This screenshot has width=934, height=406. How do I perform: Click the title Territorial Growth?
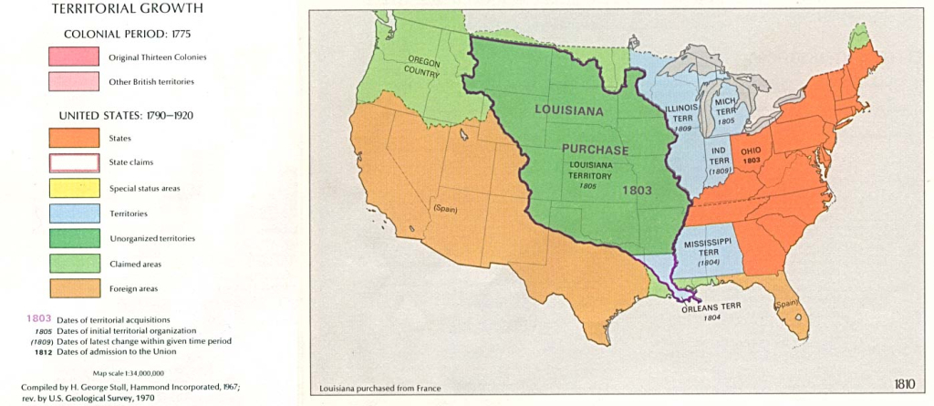(x=127, y=9)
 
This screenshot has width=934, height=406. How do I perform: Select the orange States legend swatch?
(x=74, y=138)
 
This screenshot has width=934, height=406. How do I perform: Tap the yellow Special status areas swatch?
(x=74, y=188)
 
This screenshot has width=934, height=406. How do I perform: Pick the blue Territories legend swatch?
(x=74, y=213)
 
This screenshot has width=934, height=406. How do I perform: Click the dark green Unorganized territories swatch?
(x=74, y=238)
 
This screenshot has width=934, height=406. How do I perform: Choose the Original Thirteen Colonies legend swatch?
(x=74, y=57)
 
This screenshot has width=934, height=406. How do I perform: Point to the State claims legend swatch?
(x=74, y=163)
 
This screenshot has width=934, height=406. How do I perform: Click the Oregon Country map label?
(x=423, y=68)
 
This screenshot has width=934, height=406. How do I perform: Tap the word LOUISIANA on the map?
(x=569, y=110)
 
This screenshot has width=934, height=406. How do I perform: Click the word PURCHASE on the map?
(x=595, y=149)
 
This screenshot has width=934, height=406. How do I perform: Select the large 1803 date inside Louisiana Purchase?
(x=636, y=191)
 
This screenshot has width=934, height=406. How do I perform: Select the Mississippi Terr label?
(x=709, y=245)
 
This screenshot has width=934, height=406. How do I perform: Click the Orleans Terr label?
(x=713, y=307)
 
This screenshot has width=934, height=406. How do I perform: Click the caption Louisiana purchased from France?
(x=379, y=389)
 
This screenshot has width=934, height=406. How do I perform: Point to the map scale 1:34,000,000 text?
(x=128, y=372)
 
